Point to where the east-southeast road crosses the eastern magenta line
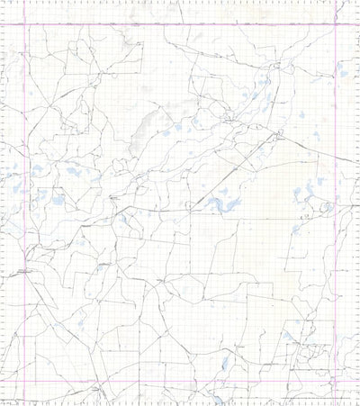coord(336,157)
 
